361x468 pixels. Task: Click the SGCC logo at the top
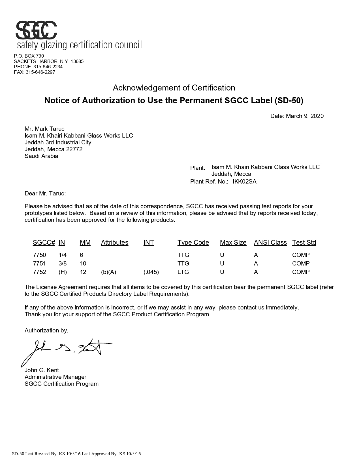pyautogui.click(x=36, y=30)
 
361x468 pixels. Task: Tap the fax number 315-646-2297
pyautogui.click(x=40, y=72)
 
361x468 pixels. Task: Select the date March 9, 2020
pyautogui.click(x=305, y=116)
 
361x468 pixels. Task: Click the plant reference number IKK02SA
pyautogui.click(x=244, y=182)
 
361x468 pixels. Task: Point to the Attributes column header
pyautogui.click(x=115, y=243)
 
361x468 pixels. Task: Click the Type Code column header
pyautogui.click(x=193, y=243)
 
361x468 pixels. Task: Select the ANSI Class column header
pyautogui.click(x=270, y=243)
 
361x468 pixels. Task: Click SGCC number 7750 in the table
pyautogui.click(x=39, y=255)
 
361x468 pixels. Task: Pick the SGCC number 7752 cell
pyautogui.click(x=39, y=272)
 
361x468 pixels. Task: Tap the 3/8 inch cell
pyautogui.click(x=63, y=263)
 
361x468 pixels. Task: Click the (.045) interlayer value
pyautogui.click(x=151, y=272)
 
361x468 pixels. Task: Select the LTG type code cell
pyautogui.click(x=183, y=272)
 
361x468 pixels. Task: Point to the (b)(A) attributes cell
pyautogui.click(x=109, y=272)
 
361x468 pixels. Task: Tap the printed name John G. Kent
pyautogui.click(x=42, y=370)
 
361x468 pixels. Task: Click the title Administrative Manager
pyautogui.click(x=55, y=377)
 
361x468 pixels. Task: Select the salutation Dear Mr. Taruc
pyautogui.click(x=45, y=193)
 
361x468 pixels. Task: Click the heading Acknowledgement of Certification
pyautogui.click(x=174, y=88)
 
